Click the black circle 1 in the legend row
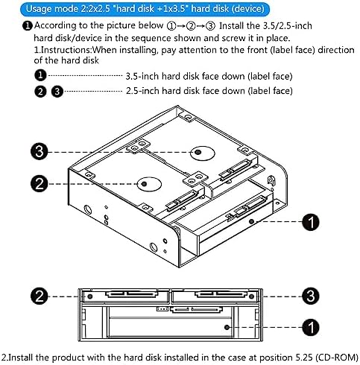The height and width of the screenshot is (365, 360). coord(41,76)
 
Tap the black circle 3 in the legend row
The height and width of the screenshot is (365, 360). coord(56,90)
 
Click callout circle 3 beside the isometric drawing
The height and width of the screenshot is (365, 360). coord(41,151)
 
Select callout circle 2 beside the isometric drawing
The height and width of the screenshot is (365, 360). coord(41,181)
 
